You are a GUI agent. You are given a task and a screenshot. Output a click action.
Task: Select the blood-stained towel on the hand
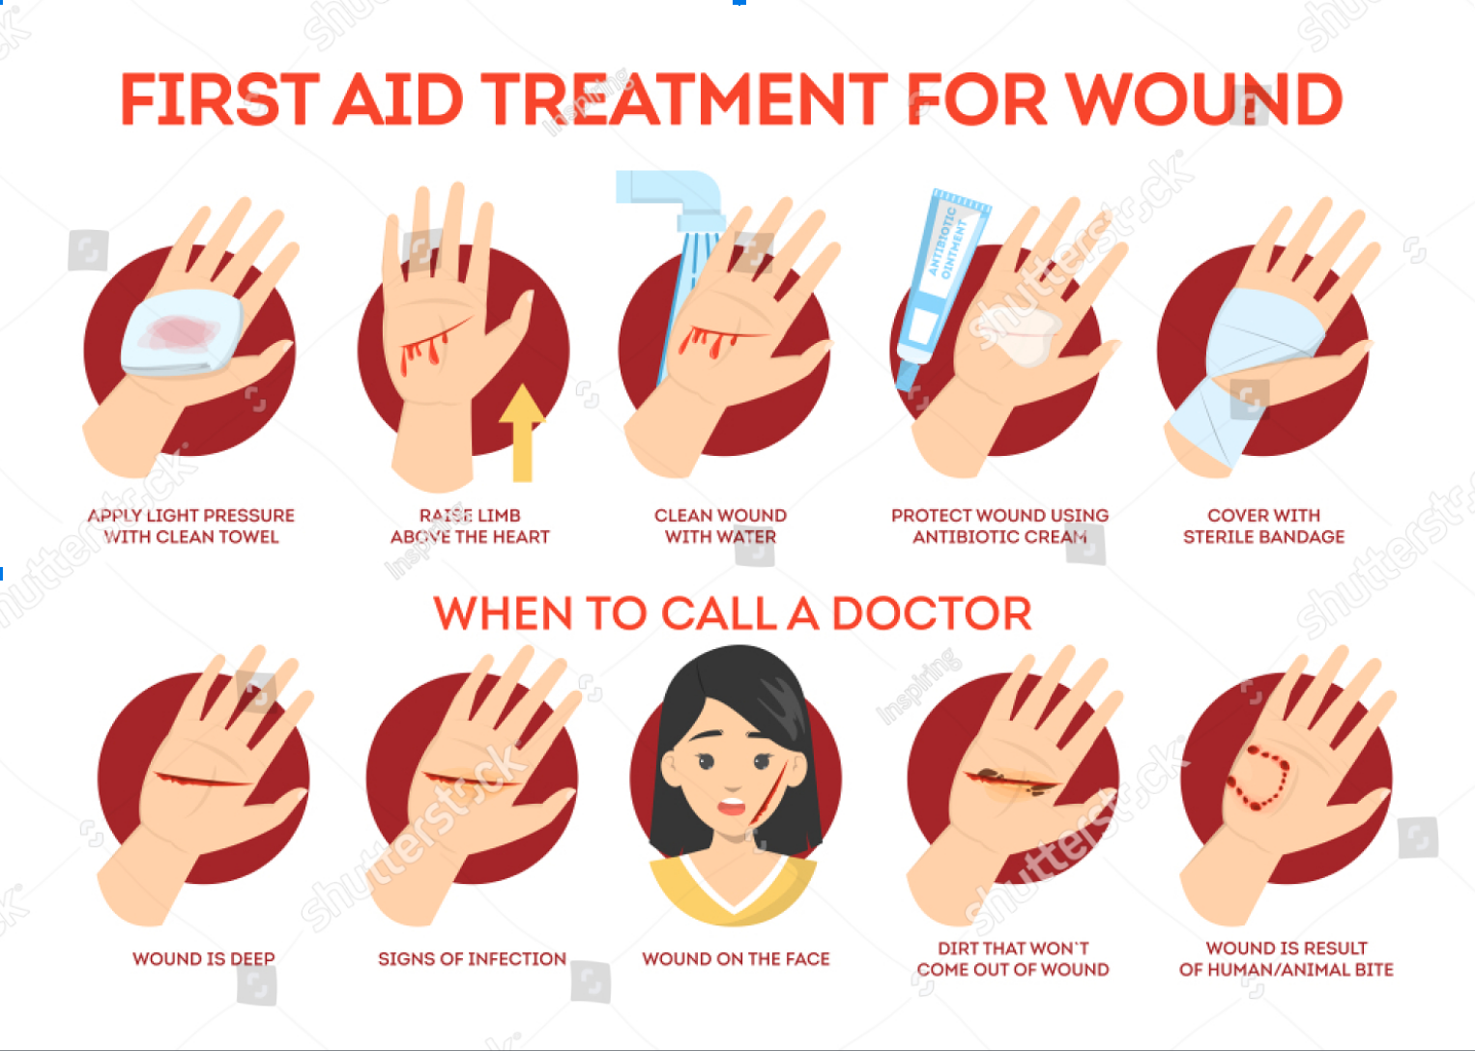point(181,333)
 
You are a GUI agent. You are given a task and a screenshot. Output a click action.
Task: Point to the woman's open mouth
point(731,806)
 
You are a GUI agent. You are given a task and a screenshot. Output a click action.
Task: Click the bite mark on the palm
point(1258,778)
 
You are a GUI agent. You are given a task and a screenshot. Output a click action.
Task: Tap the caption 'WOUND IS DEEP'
point(204,958)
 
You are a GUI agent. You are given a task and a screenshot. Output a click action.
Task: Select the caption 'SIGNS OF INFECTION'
point(472,958)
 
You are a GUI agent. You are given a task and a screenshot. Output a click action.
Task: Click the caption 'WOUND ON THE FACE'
point(736,958)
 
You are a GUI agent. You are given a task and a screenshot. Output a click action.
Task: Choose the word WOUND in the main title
point(1203,99)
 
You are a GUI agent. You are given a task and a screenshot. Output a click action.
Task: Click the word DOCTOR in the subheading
point(932,613)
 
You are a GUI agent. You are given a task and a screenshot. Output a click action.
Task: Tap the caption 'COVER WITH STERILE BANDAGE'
point(1263,525)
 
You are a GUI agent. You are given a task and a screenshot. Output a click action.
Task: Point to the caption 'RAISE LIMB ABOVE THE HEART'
point(470,525)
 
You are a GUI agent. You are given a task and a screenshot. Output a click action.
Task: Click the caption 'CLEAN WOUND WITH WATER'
point(720,525)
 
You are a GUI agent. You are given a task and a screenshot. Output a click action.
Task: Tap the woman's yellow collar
point(733,889)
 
